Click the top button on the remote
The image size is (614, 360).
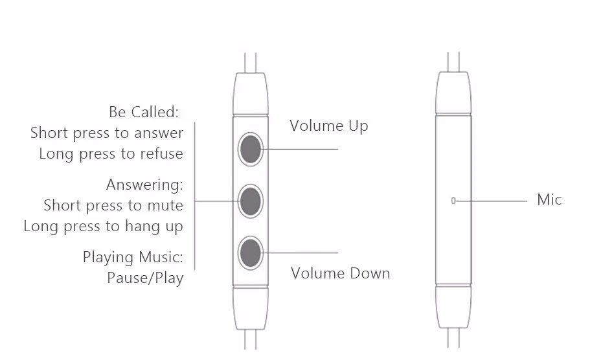pos(250,150)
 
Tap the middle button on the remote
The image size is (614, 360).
pos(250,201)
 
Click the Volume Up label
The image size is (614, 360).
pos(328,126)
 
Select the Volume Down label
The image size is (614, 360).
pos(340,273)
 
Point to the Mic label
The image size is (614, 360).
pos(549,199)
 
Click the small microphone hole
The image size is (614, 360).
pos(453,201)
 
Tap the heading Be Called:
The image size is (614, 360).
pos(143,112)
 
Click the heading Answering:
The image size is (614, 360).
pos(145,185)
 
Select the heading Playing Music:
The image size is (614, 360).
pos(133,257)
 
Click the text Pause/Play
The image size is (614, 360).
pos(145,278)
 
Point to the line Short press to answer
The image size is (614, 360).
pos(107,133)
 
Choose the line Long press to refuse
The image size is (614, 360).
pos(111,154)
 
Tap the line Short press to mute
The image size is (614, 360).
pos(113,205)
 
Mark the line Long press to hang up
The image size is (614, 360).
pos(104,227)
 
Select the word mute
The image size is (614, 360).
pos(165,205)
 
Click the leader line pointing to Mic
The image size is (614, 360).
pos(492,201)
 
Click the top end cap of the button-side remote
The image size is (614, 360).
pos(250,94)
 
